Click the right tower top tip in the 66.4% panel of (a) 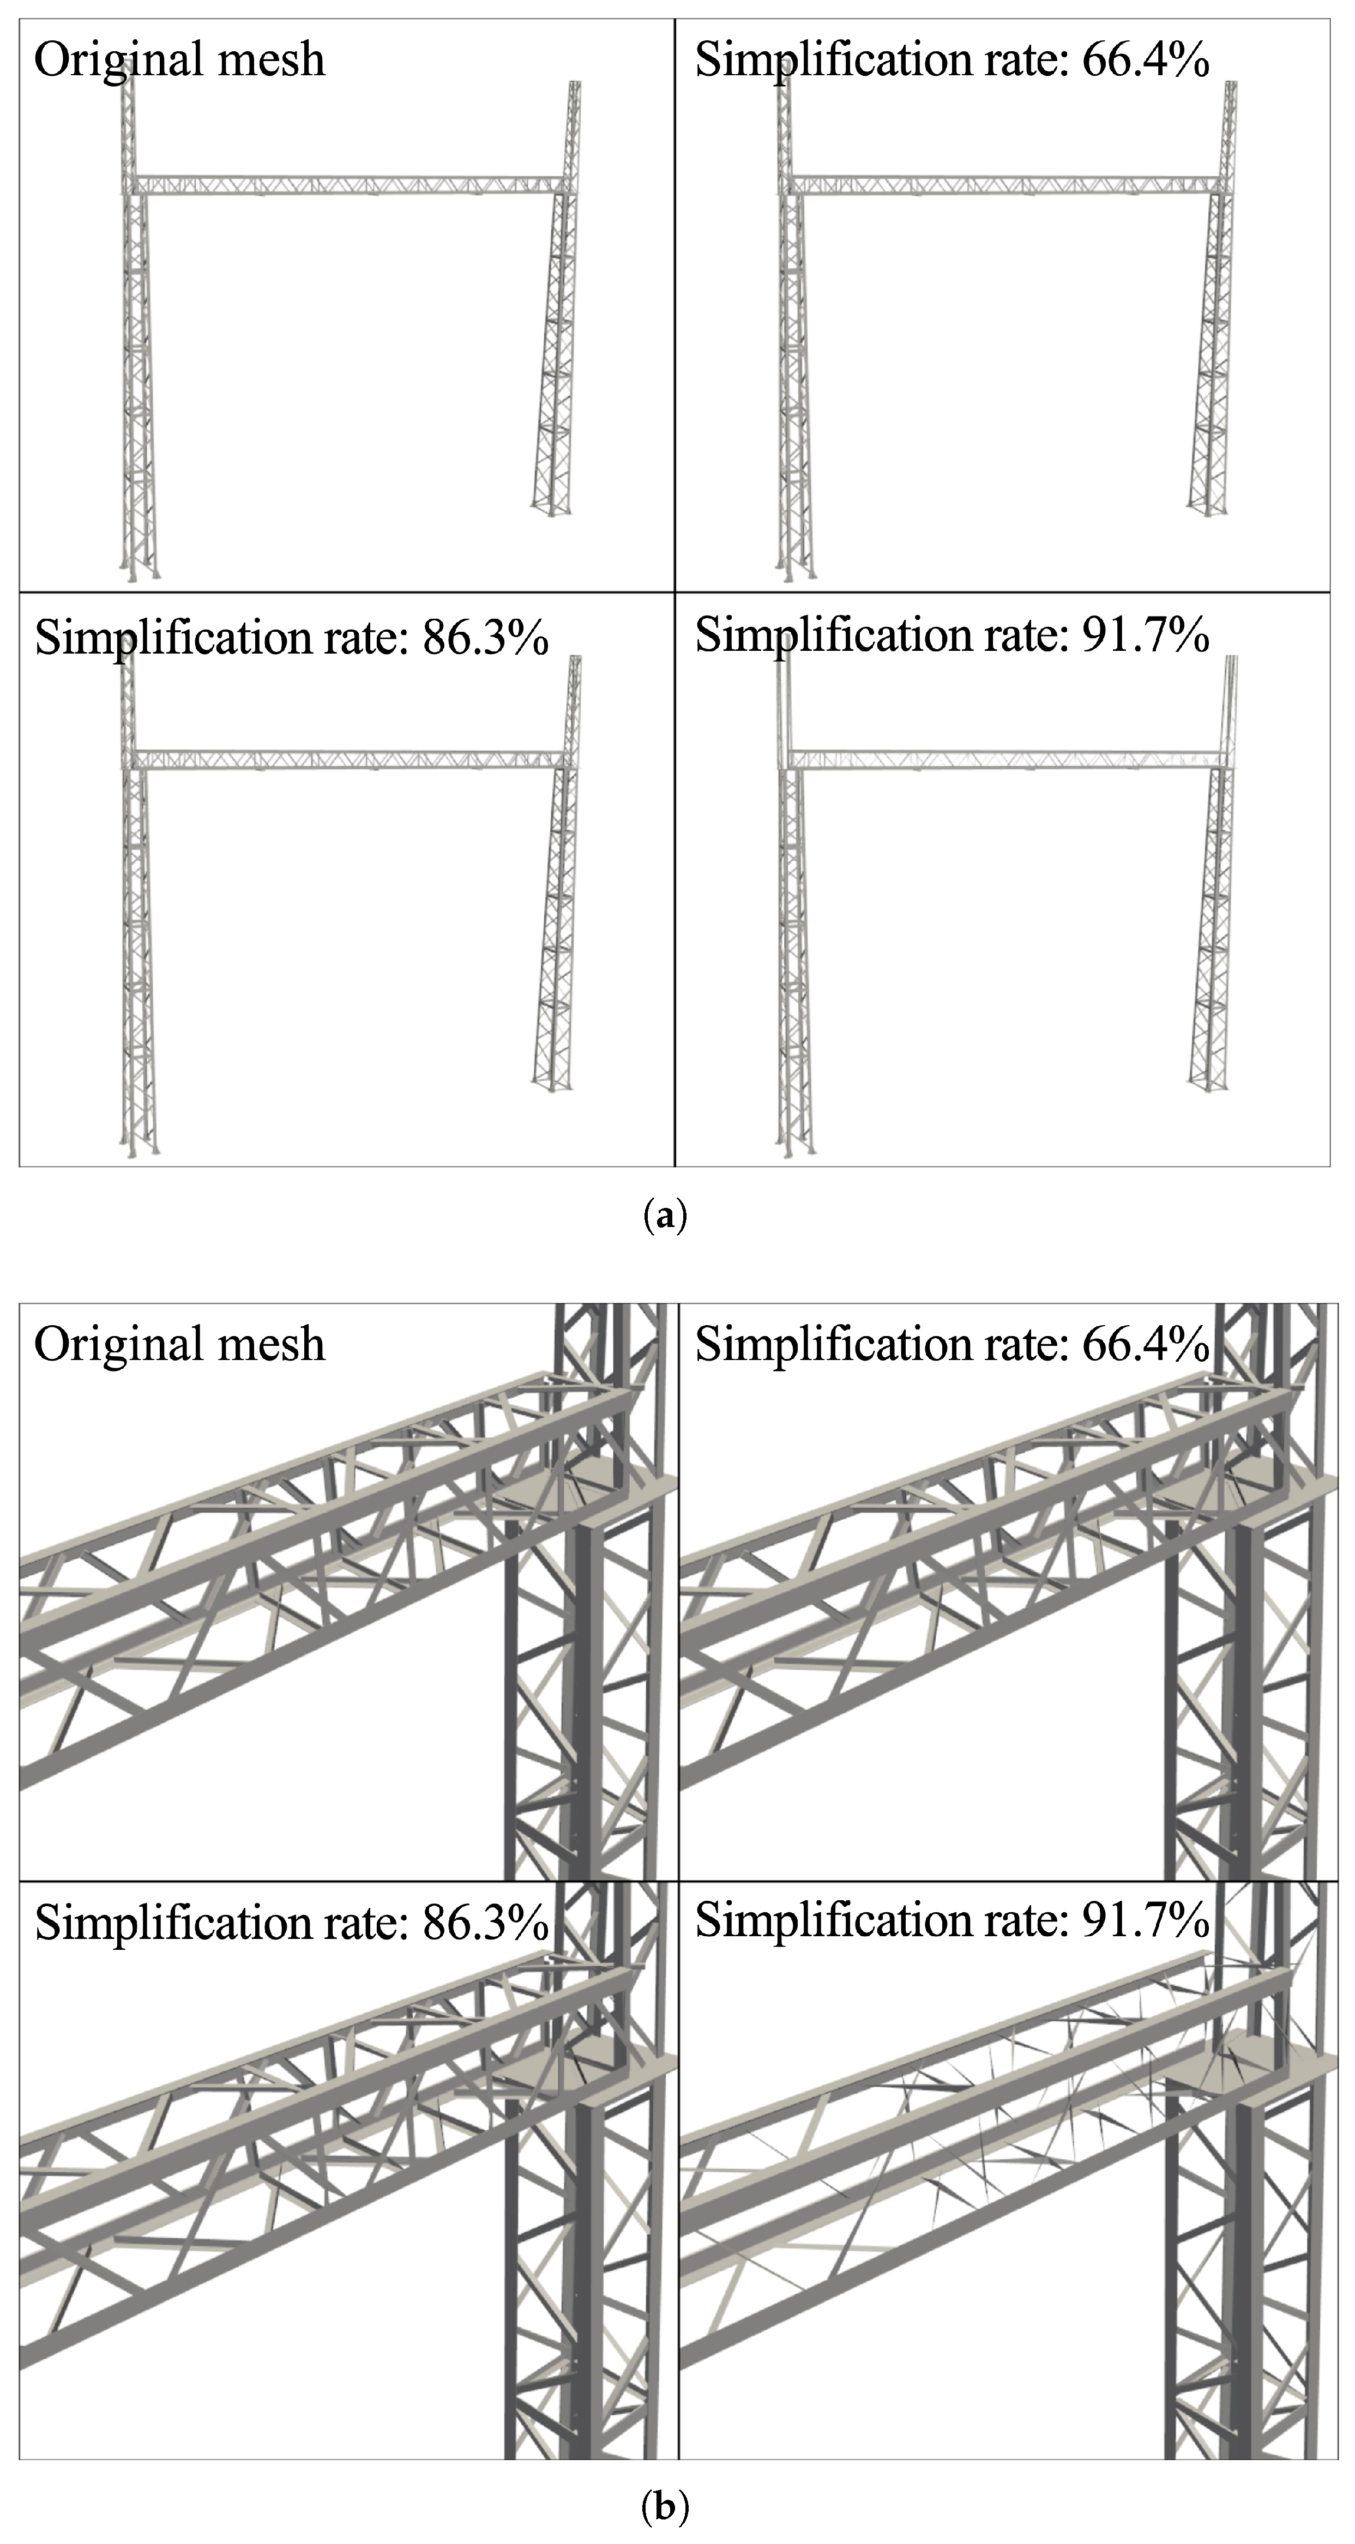pyautogui.click(x=1231, y=87)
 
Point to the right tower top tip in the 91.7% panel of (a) pyautogui.click(x=1231, y=662)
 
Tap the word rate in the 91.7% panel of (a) pyautogui.click(x=1020, y=635)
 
